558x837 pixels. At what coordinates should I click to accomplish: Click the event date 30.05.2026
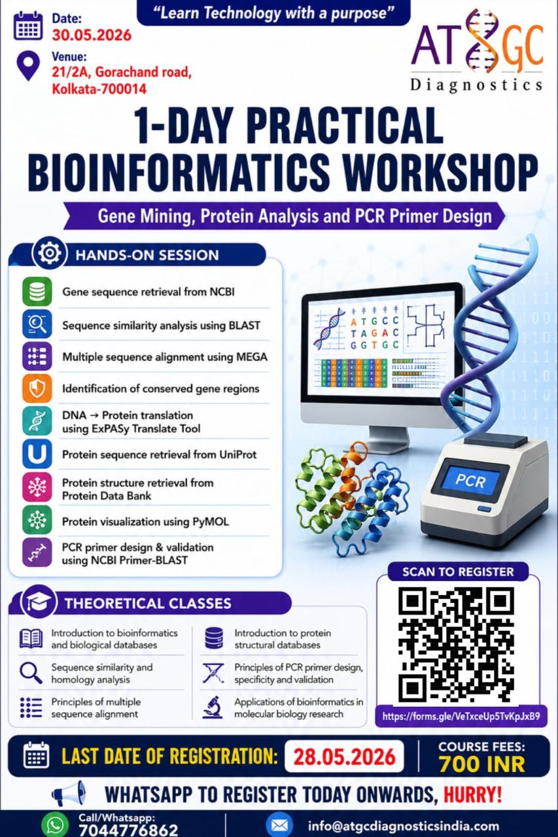click(92, 35)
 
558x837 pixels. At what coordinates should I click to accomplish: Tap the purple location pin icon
click(28, 66)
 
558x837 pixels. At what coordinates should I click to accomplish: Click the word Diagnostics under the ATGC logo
click(476, 86)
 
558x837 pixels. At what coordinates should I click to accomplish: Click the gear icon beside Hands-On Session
click(49, 253)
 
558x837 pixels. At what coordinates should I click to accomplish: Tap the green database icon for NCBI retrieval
click(37, 292)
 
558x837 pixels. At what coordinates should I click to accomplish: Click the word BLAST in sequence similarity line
click(245, 326)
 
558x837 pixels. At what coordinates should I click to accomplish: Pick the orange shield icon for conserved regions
click(37, 388)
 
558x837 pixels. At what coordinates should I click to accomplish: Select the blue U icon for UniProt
click(37, 454)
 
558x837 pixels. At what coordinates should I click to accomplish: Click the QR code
click(457, 645)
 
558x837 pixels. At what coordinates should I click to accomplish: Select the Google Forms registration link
click(461, 716)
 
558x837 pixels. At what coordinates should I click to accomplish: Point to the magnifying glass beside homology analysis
click(31, 674)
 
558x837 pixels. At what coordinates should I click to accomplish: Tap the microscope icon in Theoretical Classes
click(213, 708)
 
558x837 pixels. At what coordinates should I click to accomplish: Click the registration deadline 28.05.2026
click(344, 757)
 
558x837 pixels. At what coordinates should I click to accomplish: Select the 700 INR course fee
click(481, 764)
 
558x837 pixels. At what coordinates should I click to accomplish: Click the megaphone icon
click(69, 793)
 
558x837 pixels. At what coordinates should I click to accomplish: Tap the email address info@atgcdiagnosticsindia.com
click(403, 826)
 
